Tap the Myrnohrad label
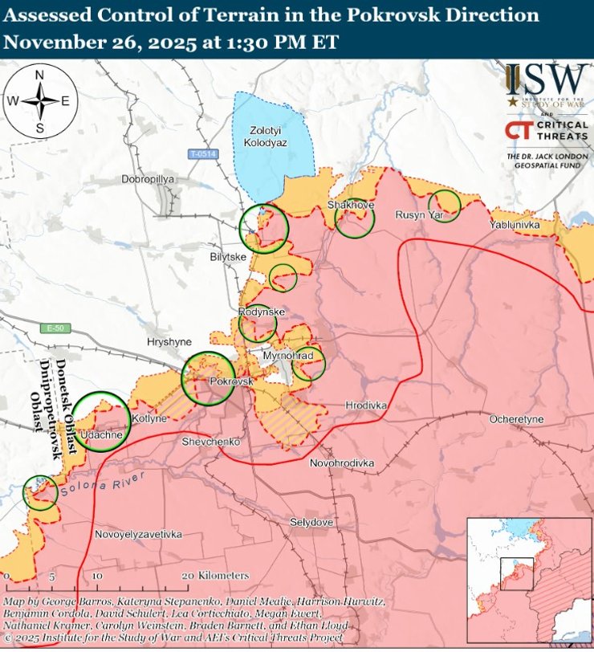(x=288, y=355)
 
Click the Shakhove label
(x=351, y=206)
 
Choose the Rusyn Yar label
(x=419, y=215)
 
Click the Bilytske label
(x=227, y=257)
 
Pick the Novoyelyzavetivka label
(x=137, y=534)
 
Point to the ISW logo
(x=547, y=84)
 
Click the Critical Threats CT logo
(x=519, y=130)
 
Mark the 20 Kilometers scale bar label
(x=215, y=577)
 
